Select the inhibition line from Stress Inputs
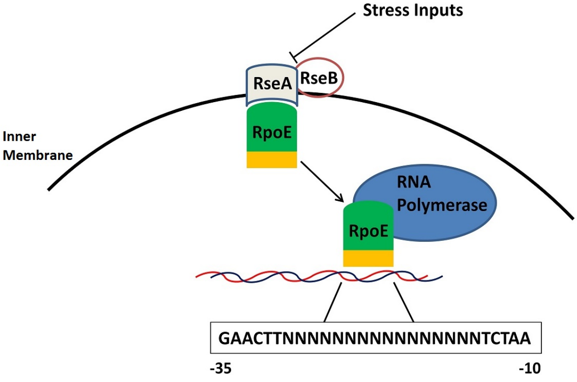pyautogui.click(x=327, y=32)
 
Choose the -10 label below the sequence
pyautogui.click(x=530, y=369)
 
